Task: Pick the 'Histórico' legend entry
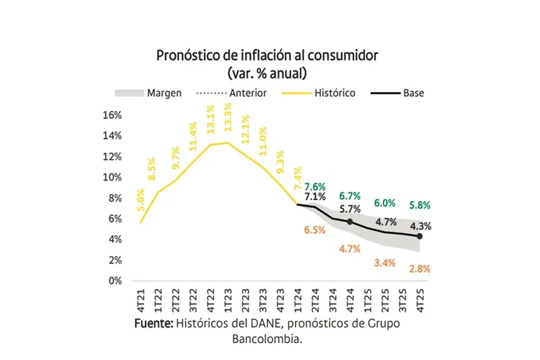tap(334, 93)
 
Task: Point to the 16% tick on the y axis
tap(111, 115)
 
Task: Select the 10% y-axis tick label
tap(111, 177)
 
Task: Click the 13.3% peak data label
tap(228, 118)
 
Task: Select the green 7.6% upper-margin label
tap(315, 186)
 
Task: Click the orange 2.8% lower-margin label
tap(419, 269)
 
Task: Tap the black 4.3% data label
tap(420, 226)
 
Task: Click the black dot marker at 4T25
tap(419, 236)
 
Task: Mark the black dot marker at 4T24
tap(350, 222)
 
